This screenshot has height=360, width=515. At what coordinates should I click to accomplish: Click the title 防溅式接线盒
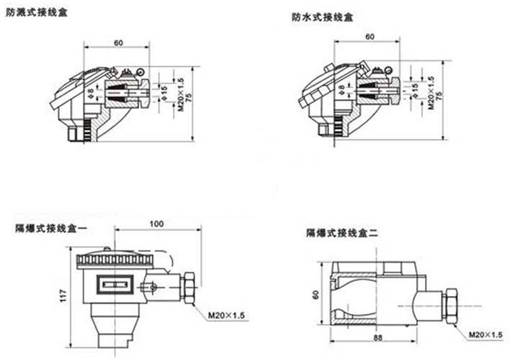click(x=37, y=12)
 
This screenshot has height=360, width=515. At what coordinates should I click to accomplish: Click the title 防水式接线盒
click(x=323, y=17)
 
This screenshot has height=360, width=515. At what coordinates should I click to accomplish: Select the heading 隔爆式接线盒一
click(x=52, y=228)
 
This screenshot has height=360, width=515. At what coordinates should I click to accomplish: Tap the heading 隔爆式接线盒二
click(x=342, y=233)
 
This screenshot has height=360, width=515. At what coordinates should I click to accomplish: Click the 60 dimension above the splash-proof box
click(x=118, y=43)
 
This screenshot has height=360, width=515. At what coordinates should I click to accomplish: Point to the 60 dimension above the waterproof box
click(x=370, y=37)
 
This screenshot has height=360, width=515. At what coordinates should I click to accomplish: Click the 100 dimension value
click(x=156, y=224)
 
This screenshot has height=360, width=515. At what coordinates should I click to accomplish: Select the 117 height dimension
click(x=63, y=296)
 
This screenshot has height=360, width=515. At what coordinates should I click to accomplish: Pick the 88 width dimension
click(x=378, y=338)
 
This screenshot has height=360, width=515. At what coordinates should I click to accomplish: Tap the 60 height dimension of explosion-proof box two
click(x=315, y=294)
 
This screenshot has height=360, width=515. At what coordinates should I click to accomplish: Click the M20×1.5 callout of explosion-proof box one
click(x=226, y=315)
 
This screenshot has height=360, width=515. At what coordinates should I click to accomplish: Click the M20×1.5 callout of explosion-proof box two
click(x=485, y=335)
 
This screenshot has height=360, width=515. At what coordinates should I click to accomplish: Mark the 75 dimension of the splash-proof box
click(x=189, y=97)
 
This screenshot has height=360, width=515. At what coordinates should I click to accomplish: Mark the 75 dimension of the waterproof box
click(x=440, y=96)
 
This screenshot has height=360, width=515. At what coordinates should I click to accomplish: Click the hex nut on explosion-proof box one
click(x=189, y=288)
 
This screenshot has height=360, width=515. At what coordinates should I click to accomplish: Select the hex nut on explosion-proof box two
click(x=450, y=306)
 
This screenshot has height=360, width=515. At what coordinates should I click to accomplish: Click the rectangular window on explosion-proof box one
click(x=115, y=284)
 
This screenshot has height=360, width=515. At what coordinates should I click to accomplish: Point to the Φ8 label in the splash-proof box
click(x=91, y=93)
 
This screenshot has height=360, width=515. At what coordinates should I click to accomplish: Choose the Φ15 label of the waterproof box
click(x=414, y=90)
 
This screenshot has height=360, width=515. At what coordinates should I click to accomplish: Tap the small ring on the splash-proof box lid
click(x=140, y=72)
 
